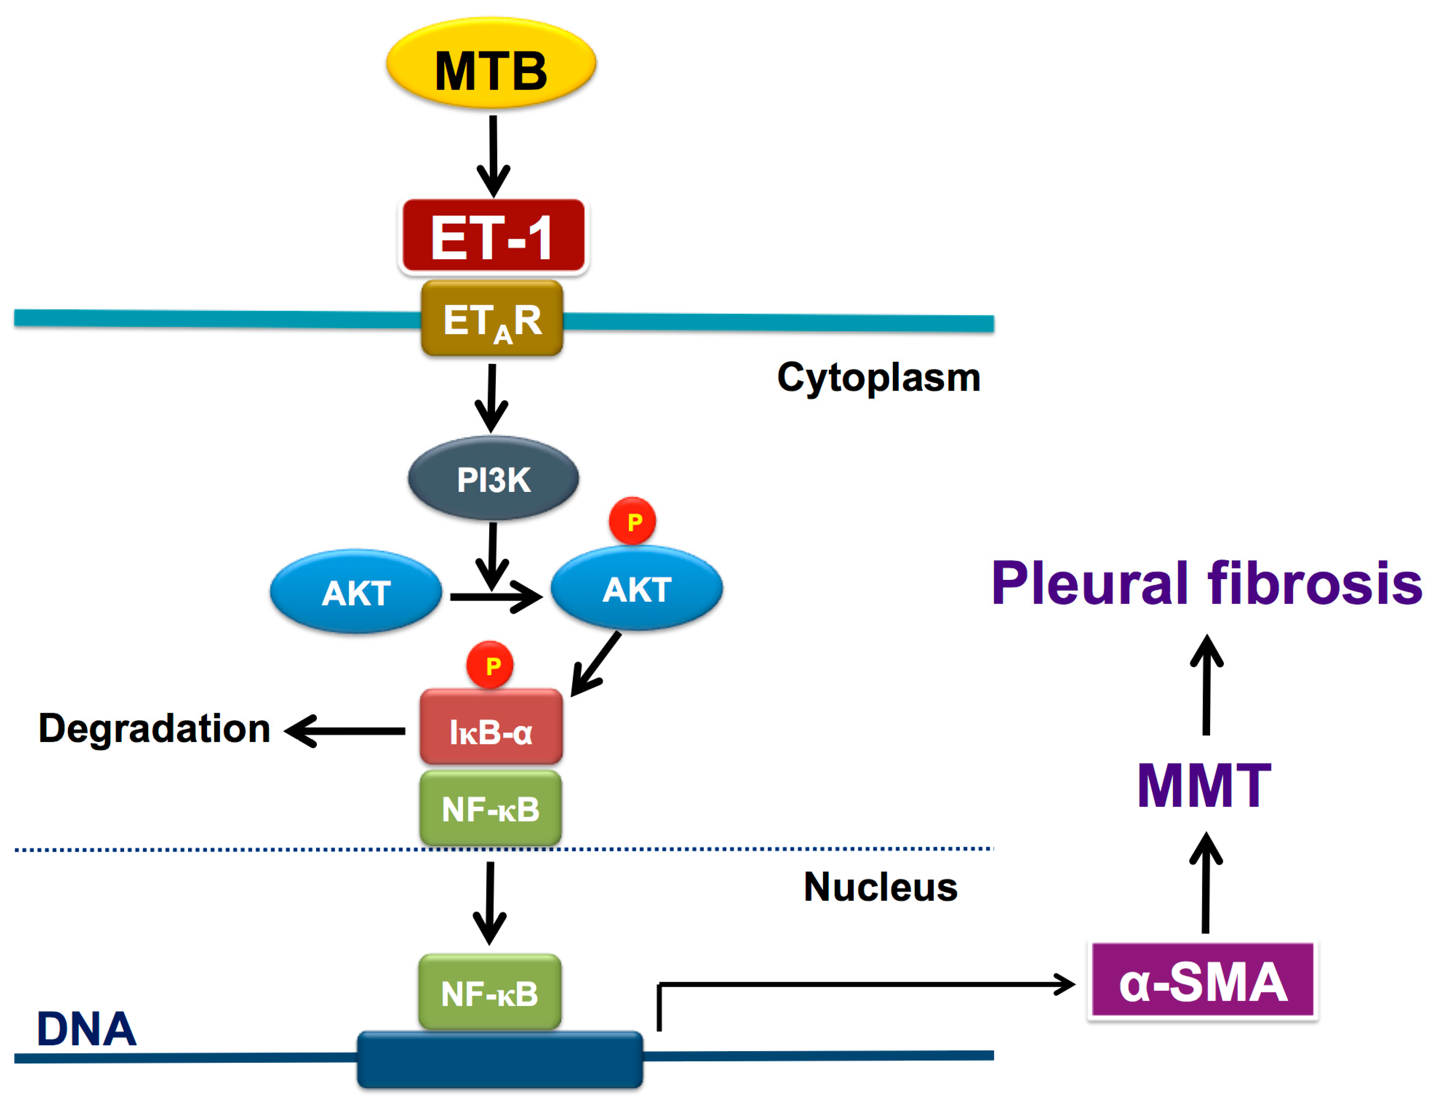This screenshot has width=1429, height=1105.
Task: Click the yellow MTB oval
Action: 491,64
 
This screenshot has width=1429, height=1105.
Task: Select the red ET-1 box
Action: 493,235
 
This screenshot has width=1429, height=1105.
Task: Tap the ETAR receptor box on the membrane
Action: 492,318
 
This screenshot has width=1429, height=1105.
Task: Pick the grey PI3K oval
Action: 493,479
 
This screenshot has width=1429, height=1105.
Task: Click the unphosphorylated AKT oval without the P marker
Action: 356,591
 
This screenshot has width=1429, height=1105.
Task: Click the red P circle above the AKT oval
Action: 633,521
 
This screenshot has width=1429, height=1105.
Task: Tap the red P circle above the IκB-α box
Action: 490,665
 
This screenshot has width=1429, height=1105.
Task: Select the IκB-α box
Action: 491,726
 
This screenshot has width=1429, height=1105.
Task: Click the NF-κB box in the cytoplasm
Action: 491,808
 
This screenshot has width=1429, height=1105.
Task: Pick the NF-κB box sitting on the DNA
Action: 490,992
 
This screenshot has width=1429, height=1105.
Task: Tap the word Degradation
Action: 154,729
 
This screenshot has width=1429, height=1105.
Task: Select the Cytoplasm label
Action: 879,378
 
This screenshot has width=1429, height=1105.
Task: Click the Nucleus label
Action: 881,887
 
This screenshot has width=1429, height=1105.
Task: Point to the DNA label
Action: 87,1029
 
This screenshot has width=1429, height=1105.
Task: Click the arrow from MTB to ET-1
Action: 493,157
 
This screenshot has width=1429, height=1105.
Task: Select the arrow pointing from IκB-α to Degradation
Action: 345,731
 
